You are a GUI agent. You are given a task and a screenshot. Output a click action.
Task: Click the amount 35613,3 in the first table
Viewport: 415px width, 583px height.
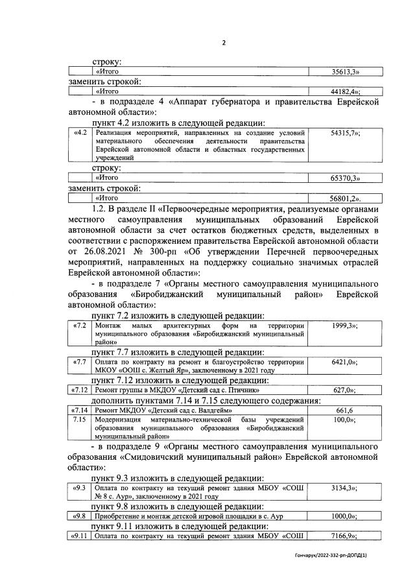click(346, 72)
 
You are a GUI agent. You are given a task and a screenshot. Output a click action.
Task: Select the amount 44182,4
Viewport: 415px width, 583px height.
click(346, 92)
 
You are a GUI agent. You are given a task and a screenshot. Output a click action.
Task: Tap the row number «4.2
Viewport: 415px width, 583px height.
click(80, 133)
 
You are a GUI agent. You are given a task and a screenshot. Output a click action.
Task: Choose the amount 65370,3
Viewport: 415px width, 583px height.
click(346, 178)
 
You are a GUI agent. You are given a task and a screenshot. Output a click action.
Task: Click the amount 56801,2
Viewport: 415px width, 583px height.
click(346, 198)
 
